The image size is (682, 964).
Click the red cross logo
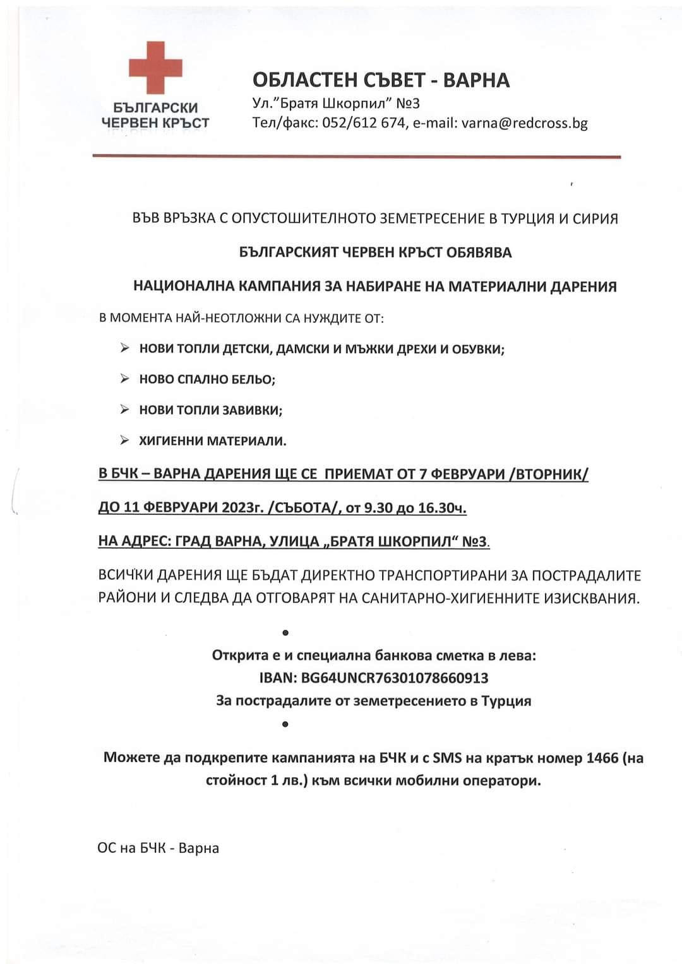pos(155,68)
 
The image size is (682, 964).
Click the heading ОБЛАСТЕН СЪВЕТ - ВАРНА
pos(381,80)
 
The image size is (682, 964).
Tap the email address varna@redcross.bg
pos(524,123)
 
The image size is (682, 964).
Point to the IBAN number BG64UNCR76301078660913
pos(395,678)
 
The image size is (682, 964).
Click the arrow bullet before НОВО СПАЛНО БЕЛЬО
pos(125,379)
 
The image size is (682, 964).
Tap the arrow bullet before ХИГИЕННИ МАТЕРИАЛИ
pos(125,440)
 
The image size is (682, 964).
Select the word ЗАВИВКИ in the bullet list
pos(252,410)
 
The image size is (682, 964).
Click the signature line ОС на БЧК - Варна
pos(158,848)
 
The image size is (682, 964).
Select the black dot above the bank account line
pos(285,632)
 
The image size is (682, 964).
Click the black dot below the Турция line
pos(285,724)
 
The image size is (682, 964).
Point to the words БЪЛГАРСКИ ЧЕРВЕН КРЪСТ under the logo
pos(155,115)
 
